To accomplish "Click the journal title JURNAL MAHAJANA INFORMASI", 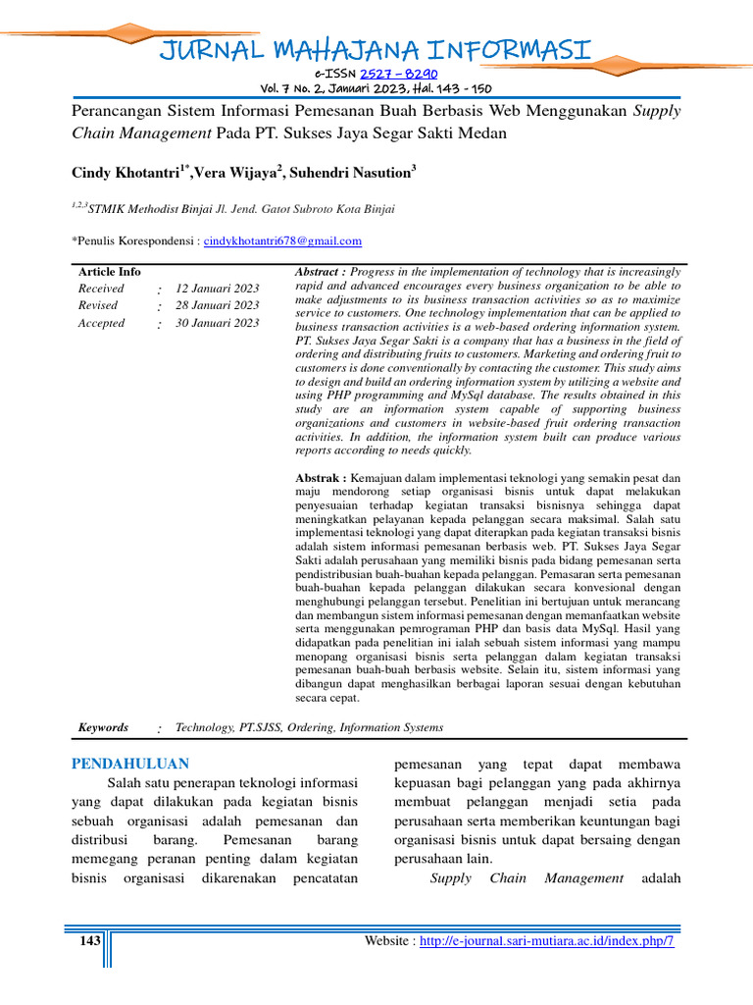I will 376,48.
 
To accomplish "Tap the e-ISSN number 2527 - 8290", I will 399,73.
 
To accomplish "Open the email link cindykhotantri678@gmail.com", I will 282,240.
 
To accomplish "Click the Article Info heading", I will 109,272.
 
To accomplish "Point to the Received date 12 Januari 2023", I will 217,289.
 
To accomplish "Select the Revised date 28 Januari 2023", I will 217,305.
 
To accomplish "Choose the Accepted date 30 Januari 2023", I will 217,323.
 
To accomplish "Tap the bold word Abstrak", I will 318,478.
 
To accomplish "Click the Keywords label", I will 103,728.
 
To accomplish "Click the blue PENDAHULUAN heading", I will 130,764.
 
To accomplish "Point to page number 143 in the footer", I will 90,941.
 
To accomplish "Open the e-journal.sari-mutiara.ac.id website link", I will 547,941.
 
